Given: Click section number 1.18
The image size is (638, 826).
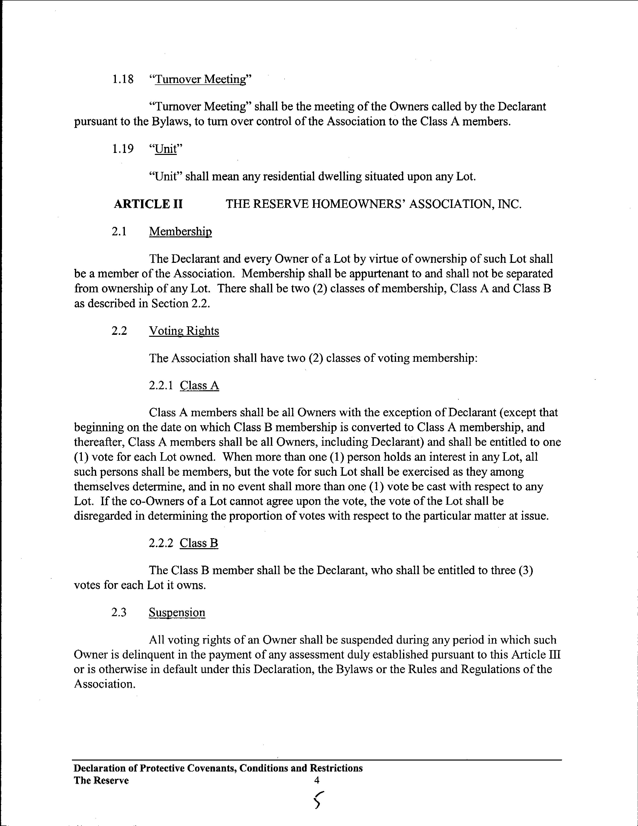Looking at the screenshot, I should pyautogui.click(x=123, y=79).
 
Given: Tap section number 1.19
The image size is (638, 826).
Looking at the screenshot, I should pyautogui.click(x=123, y=149).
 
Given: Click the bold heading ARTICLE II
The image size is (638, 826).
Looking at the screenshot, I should pyautogui.click(x=148, y=204).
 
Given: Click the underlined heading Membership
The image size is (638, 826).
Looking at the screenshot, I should pyautogui.click(x=180, y=231).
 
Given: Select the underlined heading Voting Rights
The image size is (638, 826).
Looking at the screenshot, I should pyautogui.click(x=184, y=331).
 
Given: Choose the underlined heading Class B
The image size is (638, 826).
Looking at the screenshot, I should pyautogui.click(x=199, y=543).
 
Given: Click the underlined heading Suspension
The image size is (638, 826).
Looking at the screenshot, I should pyautogui.click(x=177, y=613).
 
